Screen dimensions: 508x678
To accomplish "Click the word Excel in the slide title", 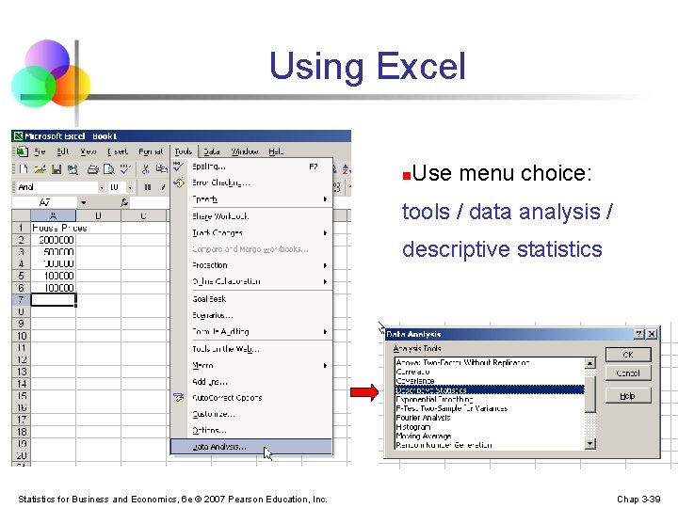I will (420, 67).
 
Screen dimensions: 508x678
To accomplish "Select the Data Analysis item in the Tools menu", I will (219, 447).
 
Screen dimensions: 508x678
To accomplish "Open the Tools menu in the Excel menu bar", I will (183, 151).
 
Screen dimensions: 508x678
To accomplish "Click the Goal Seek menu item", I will (210, 298).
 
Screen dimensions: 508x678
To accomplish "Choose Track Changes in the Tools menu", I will (218, 232).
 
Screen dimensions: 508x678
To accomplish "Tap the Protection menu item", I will (210, 265).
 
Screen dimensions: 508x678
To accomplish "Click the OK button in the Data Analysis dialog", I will (628, 355).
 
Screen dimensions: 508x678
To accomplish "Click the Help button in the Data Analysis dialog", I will (628, 396).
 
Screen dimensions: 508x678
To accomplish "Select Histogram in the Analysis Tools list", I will (414, 427).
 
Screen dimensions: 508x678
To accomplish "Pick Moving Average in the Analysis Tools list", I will (424, 437).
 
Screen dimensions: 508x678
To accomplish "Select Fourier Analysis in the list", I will (425, 418).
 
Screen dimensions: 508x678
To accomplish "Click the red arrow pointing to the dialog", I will (362, 392).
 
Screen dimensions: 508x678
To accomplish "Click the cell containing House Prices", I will (59, 228).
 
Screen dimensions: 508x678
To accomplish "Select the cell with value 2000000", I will (56, 240).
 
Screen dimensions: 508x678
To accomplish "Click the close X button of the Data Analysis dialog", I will (652, 334).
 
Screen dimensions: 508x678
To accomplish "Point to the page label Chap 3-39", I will (638, 499).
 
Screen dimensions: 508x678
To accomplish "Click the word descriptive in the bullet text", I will (447, 249).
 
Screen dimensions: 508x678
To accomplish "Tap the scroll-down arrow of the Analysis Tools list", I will (590, 443).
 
